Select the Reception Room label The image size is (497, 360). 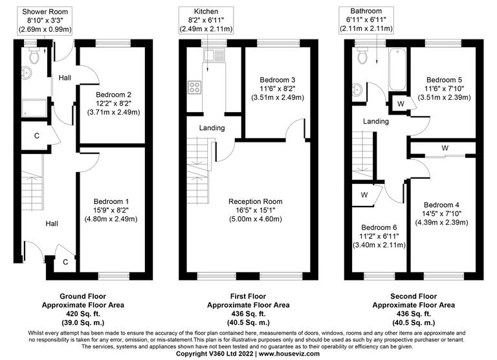[x=256, y=201]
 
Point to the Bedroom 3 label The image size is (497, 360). [x=277, y=78]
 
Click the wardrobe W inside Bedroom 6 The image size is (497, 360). [x=364, y=194]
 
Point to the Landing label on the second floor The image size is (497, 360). [x=375, y=121]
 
